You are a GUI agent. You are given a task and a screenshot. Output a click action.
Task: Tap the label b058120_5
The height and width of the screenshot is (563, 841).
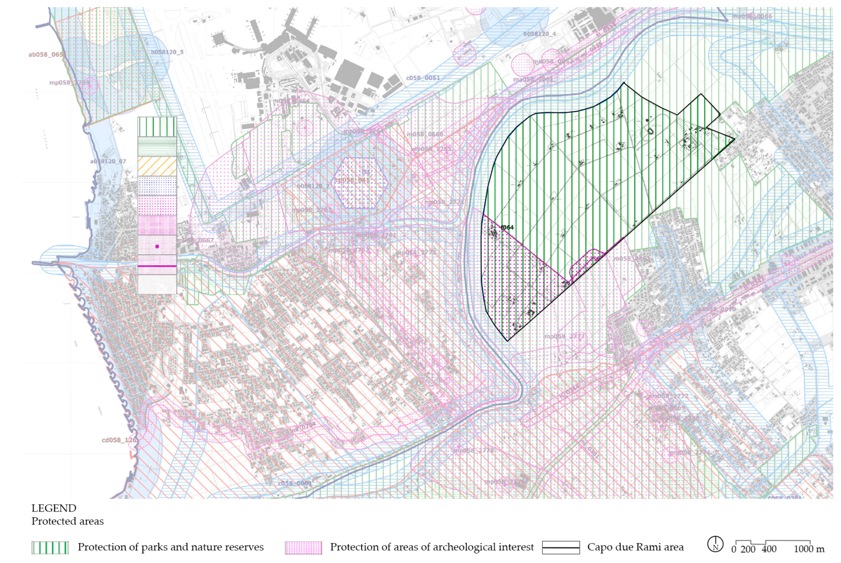pyautogui.click(x=167, y=52)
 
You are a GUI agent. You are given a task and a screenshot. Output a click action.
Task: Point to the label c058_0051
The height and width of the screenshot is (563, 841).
pyautogui.click(x=423, y=78)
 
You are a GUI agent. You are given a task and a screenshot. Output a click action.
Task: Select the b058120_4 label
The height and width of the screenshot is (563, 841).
pyautogui.click(x=539, y=34)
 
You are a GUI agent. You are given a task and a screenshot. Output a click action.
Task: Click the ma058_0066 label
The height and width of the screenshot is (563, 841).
pyautogui.click(x=752, y=16)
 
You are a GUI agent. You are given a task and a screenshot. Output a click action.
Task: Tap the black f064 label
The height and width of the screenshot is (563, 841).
pyautogui.click(x=507, y=227)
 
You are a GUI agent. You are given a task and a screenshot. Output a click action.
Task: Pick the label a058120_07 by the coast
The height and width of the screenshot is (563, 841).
pyautogui.click(x=108, y=161)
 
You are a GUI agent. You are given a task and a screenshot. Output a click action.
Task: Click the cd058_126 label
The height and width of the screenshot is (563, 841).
pyautogui.click(x=119, y=440)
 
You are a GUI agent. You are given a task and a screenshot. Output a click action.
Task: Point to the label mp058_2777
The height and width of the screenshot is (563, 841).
pyautogui.click(x=564, y=337)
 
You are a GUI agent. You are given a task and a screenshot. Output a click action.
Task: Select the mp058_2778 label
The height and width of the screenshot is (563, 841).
pyautogui.click(x=474, y=450)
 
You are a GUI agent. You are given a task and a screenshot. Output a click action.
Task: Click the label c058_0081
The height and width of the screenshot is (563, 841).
pyautogui.click(x=295, y=483)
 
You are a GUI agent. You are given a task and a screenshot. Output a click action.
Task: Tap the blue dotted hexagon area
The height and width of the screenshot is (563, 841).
pyautogui.click(x=361, y=183)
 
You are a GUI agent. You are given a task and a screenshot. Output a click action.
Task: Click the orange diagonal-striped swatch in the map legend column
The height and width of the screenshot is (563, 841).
pyautogui.click(x=157, y=166)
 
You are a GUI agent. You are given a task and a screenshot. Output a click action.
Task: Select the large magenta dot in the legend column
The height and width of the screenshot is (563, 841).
pyautogui.click(x=157, y=246)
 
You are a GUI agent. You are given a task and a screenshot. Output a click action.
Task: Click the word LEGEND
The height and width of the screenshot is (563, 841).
pyautogui.click(x=54, y=508)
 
